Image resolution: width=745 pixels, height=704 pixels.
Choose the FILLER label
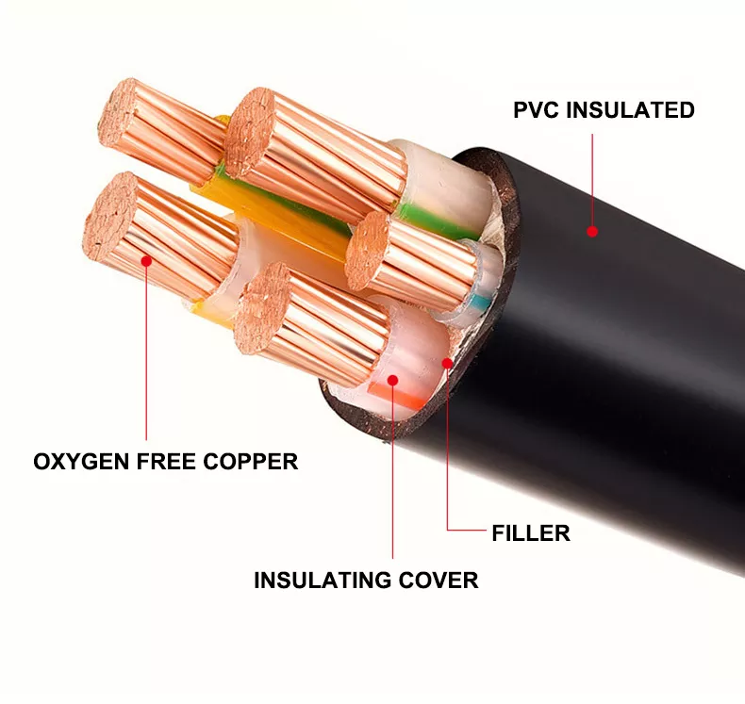tap(531, 533)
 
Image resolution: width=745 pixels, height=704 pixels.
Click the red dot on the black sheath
tap(592, 231)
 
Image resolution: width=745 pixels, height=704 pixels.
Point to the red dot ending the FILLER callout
tap(447, 361)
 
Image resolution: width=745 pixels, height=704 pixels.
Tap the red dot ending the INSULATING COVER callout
tap(392, 384)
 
